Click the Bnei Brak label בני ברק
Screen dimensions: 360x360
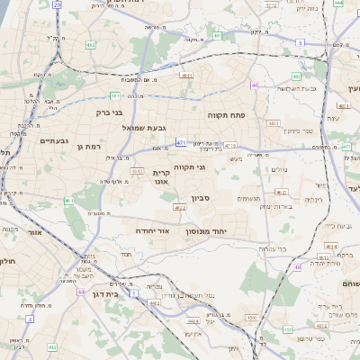[x=109, y=112]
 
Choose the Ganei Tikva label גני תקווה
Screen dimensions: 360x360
[x=189, y=166]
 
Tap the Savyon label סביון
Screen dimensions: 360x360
[x=200, y=198]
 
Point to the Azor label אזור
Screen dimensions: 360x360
[x=36, y=232]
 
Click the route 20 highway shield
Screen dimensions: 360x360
[x=58, y=4]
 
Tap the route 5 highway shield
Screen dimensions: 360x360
[x=300, y=42]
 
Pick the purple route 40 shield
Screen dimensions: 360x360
[x=255, y=85]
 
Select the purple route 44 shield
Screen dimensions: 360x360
[x=80, y=292]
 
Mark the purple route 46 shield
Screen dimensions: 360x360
[x=297, y=266]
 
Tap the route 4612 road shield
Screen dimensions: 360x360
[x=137, y=170]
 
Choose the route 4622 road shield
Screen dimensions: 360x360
[x=179, y=208]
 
